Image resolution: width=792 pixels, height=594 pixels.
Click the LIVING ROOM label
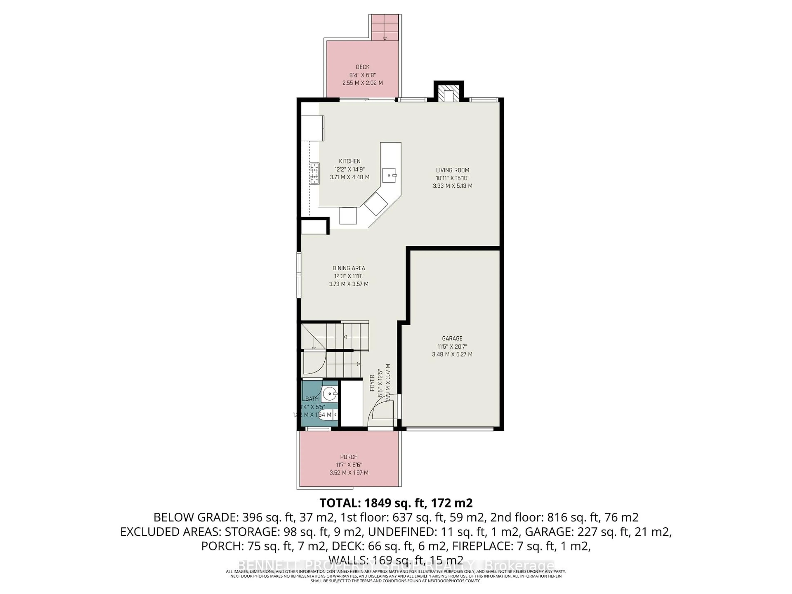[452, 170]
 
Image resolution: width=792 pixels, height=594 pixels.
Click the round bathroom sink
[329, 394]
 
